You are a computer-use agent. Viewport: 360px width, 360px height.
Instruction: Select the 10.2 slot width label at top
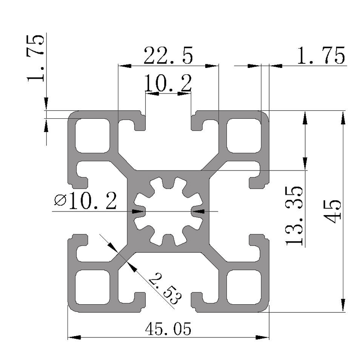click(x=167, y=83)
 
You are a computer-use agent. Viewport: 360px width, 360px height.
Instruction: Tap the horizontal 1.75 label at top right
click(x=321, y=56)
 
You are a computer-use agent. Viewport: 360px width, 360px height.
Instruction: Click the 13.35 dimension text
click(x=295, y=215)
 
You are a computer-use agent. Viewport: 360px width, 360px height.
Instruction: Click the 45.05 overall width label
click(x=168, y=329)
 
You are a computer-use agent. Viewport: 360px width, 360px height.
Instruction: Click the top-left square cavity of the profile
click(x=92, y=134)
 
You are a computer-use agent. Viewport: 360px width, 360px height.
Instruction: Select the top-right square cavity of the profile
click(x=244, y=134)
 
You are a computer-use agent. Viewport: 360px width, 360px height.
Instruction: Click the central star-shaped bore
click(x=168, y=211)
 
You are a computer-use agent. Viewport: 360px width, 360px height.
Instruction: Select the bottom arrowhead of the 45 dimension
click(x=343, y=306)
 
